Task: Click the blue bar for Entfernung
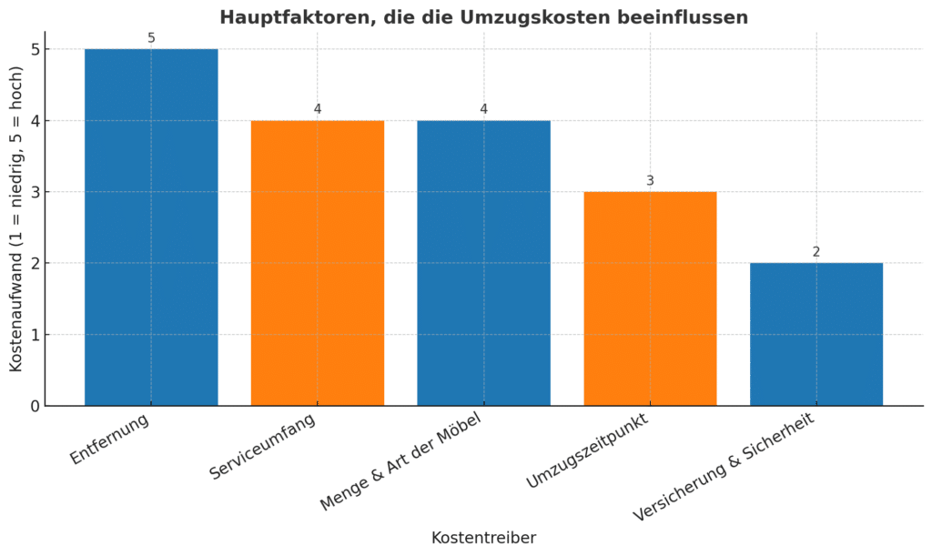(151, 227)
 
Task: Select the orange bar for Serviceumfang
(318, 263)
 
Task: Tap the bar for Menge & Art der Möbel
(483, 263)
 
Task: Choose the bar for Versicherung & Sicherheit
(816, 334)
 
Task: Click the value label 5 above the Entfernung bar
(151, 38)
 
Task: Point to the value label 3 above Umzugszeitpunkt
(650, 181)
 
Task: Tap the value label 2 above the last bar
(816, 252)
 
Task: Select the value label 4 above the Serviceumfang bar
(318, 109)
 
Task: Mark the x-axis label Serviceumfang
(264, 447)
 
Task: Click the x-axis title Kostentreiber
(483, 538)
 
